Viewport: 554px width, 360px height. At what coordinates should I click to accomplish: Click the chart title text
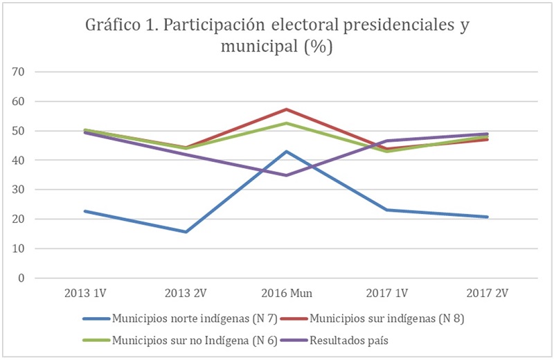(277, 35)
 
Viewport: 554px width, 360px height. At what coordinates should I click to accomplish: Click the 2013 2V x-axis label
(185, 293)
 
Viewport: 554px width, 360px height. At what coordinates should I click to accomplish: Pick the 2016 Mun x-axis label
(285, 293)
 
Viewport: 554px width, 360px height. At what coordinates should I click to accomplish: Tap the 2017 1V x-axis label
(386, 293)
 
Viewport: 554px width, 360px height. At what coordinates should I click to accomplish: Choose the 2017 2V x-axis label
(488, 293)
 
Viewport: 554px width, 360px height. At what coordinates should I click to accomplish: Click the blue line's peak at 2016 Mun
(285, 151)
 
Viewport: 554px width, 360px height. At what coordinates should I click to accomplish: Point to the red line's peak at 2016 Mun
(285, 109)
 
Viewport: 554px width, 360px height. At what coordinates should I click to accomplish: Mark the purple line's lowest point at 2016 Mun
(285, 175)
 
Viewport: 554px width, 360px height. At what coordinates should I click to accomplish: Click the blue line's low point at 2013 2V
(185, 232)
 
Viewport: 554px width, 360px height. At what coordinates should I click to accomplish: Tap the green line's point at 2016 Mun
(285, 123)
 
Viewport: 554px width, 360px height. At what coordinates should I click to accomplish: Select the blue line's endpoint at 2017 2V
(488, 217)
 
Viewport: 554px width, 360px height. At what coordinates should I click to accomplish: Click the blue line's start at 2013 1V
(84, 211)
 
